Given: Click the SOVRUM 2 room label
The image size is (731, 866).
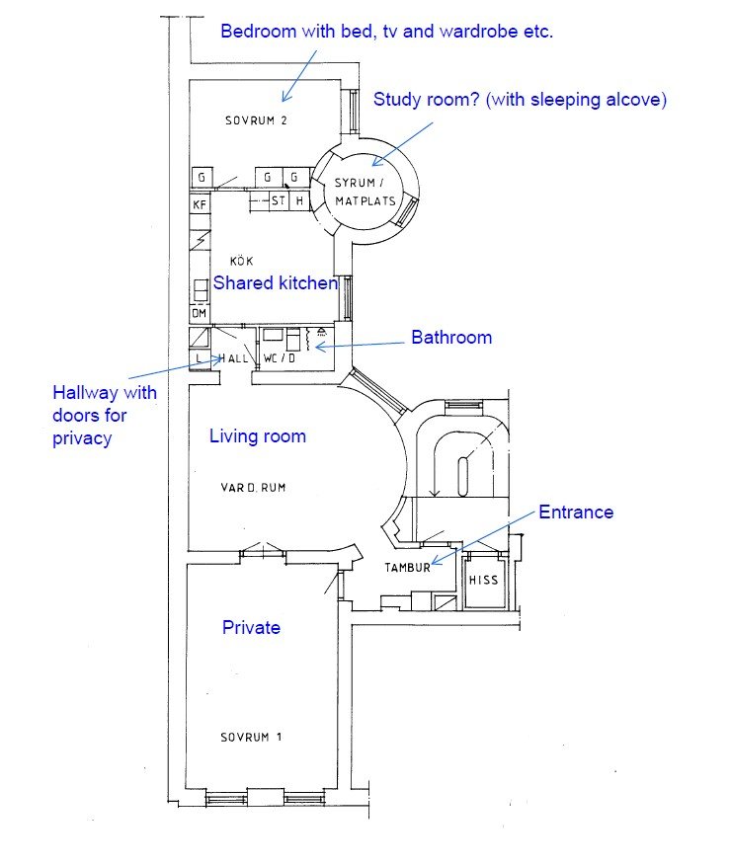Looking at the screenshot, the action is pos(256,120).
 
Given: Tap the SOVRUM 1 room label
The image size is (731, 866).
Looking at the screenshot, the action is pos(251,737).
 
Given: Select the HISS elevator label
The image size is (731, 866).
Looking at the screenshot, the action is pos(483,580).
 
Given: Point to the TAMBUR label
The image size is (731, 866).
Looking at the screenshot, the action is pos(407,567).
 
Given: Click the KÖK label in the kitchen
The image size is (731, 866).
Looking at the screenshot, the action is pos(241,260).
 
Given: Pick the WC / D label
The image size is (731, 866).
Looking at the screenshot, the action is pos(279,357).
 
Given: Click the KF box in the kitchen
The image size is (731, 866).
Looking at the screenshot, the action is pos(200,205).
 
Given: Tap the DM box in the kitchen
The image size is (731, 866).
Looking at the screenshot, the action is pos(199,313).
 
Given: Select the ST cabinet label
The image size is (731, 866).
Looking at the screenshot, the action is pos(279,200).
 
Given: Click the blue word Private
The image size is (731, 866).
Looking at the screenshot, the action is pos(251,627).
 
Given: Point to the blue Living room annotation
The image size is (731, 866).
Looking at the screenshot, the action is pos(258,436).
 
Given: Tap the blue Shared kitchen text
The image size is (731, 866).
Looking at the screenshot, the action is pos(276,282).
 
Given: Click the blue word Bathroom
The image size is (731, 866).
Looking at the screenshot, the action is pos(451,337).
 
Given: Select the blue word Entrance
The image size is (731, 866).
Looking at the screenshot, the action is pos(576,512).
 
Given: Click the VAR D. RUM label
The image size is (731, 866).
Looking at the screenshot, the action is pos(253,487).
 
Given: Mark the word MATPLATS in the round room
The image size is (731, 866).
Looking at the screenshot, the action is pos(365,201).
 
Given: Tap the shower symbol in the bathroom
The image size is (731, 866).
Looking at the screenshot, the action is pos(322,332).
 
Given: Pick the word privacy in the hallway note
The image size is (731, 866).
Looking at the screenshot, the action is pos(82,438).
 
